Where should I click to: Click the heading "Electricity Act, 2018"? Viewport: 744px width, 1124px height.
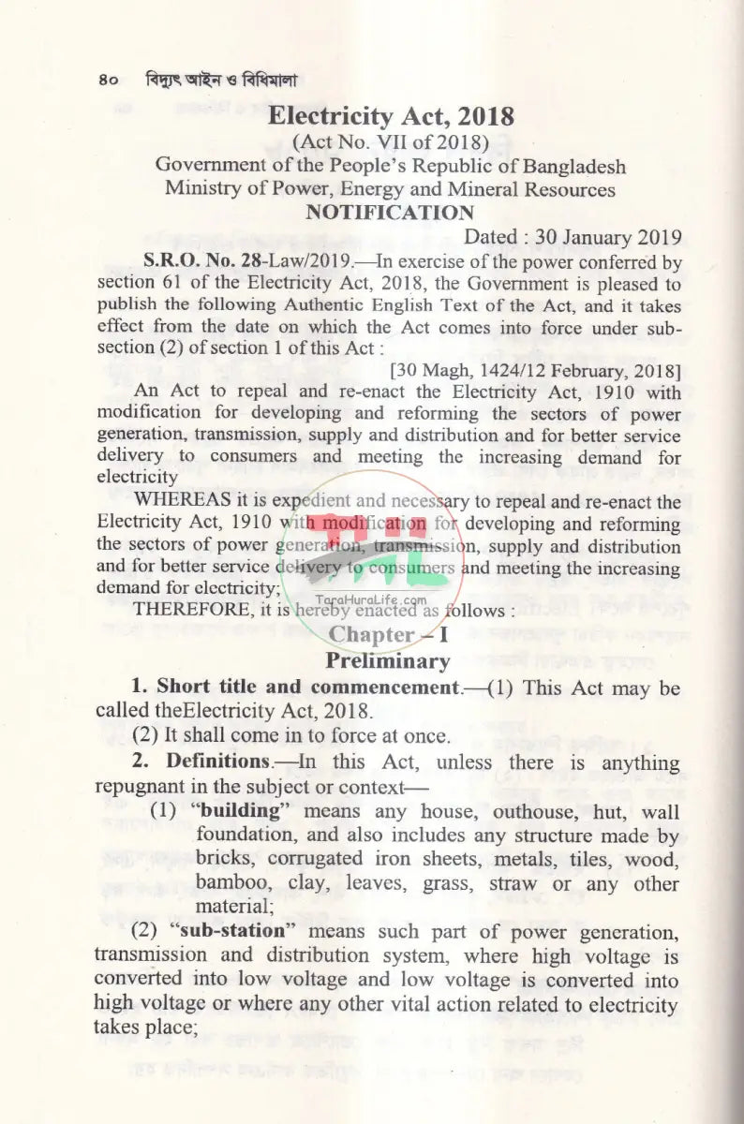pyautogui.click(x=391, y=116)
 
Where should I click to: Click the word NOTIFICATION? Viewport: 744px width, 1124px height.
pyautogui.click(x=390, y=213)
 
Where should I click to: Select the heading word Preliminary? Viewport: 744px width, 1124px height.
pyautogui.click(x=387, y=661)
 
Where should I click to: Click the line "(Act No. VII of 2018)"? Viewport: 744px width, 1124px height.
pyautogui.click(x=390, y=142)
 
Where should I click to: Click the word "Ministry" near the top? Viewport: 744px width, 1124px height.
pyautogui.click(x=204, y=189)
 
